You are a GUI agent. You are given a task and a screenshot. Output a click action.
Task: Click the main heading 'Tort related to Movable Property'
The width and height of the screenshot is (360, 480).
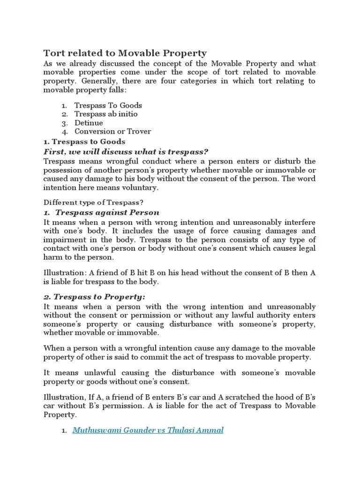[125, 52]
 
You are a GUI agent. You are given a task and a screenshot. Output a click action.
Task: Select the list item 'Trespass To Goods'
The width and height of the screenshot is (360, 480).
[108, 105]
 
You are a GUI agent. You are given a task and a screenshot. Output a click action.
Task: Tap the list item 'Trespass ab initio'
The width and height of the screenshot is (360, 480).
[106, 114]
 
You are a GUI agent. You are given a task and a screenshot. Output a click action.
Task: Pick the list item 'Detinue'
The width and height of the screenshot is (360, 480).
[89, 123]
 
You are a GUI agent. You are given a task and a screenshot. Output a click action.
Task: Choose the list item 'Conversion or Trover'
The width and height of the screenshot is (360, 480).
[112, 131]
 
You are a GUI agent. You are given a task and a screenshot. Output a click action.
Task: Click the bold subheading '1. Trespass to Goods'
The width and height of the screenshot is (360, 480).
[84, 141]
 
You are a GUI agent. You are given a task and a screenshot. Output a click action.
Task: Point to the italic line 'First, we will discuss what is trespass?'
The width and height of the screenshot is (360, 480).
[126, 151]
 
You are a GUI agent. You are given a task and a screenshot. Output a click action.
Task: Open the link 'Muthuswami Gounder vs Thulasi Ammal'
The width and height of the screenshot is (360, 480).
[148, 430]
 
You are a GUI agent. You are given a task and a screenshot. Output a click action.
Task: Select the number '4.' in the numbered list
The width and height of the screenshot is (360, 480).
[66, 132]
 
